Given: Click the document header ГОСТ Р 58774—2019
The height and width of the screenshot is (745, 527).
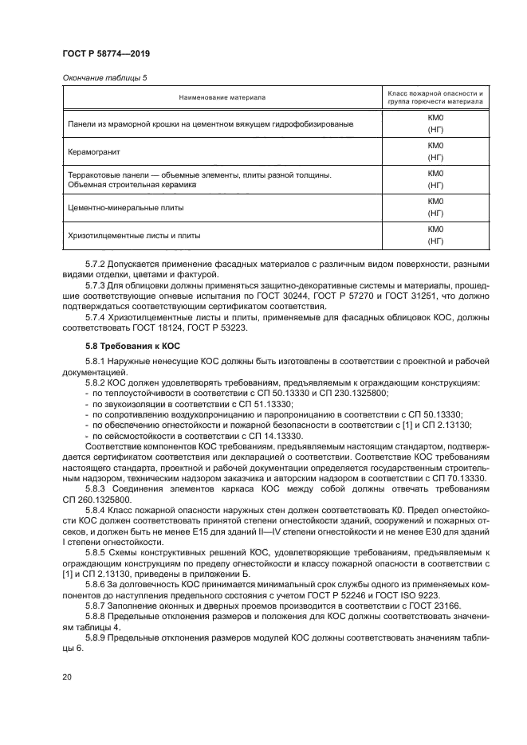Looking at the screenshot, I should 106,53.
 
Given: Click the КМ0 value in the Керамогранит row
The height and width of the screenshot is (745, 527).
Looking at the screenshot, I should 435,144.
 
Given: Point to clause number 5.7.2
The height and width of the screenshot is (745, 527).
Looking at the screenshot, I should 97,264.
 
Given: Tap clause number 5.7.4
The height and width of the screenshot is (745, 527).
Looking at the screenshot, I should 97,316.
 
